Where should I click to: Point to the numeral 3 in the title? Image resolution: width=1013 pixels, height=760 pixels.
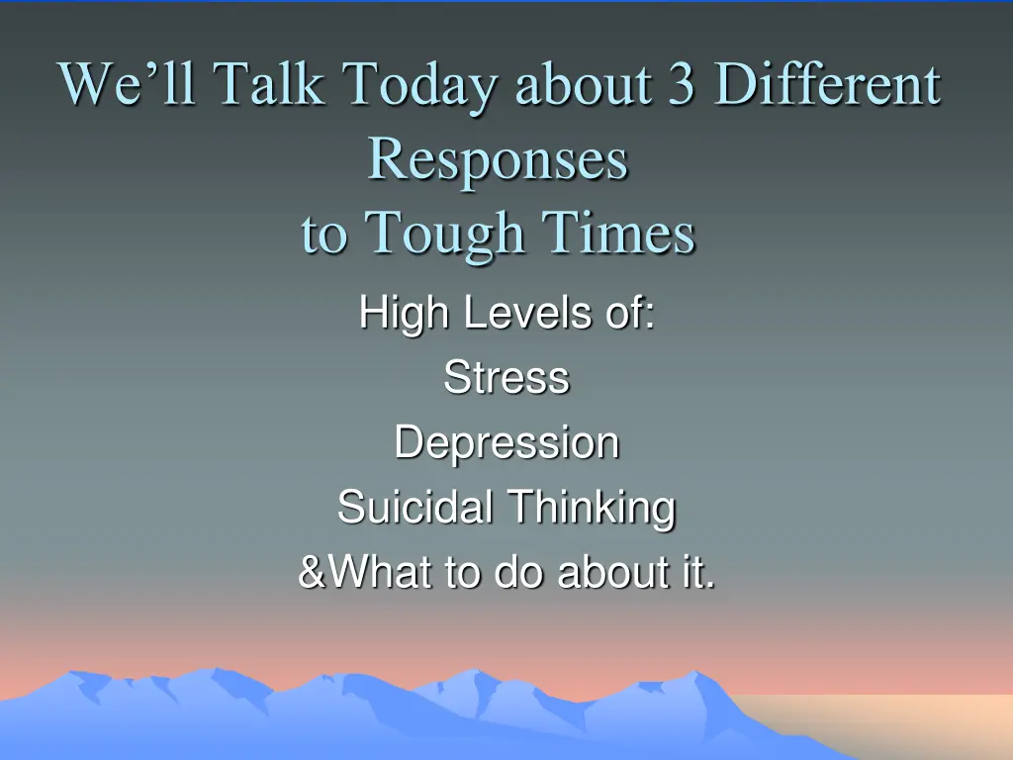[680, 84]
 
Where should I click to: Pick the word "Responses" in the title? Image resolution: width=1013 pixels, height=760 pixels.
[498, 159]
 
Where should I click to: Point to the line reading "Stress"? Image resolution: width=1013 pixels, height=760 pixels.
[506, 378]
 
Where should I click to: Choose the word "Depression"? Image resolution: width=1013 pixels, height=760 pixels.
[506, 443]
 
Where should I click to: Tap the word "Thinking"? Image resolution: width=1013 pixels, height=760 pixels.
[592, 509]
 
